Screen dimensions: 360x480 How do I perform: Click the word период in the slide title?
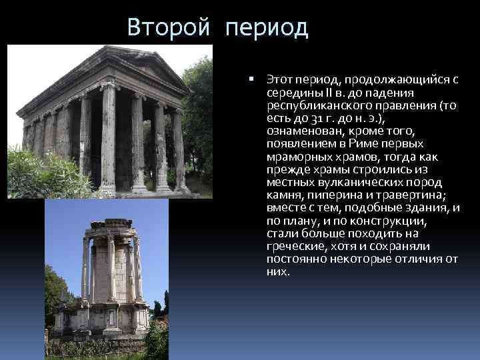click(267, 28)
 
